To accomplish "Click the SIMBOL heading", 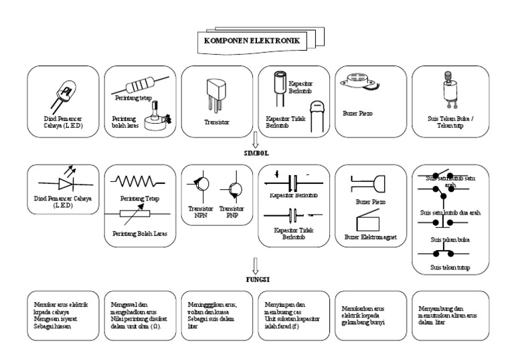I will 256,152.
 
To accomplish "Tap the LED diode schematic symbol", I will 65,183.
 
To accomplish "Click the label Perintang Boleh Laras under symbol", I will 139,233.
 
